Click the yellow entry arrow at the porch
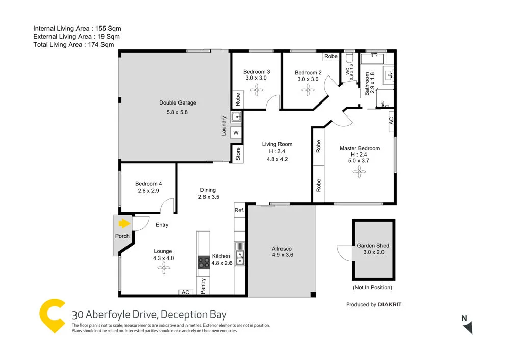[123, 223]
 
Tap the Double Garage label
[177, 102]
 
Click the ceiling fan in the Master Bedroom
[360, 172]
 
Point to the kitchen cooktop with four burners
[203, 262]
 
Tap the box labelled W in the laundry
[236, 133]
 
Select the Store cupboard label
[238, 154]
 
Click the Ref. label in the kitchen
[239, 210]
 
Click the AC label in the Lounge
[186, 292]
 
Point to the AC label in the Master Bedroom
[391, 121]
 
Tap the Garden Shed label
[373, 245]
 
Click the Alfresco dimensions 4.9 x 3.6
[282, 255]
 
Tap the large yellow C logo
[54, 316]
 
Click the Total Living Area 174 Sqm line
[73, 45]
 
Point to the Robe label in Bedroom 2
[331, 56]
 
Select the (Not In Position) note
[373, 288]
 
